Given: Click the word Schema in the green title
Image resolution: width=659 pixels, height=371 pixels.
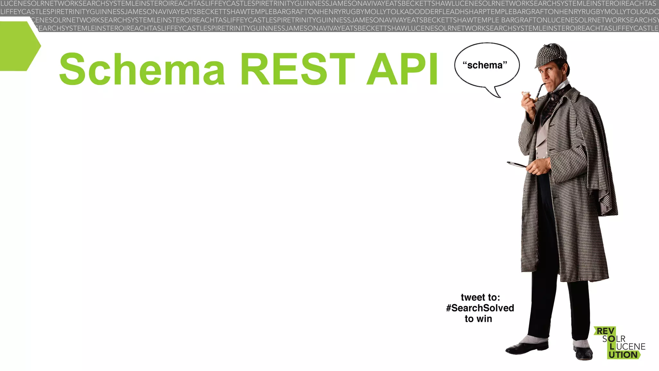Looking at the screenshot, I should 142,69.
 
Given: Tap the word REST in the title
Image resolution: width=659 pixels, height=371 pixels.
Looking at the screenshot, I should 297,69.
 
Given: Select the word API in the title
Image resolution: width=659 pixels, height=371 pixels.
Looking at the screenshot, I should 402,69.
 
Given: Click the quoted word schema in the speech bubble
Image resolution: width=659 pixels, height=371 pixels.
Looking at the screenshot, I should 485,65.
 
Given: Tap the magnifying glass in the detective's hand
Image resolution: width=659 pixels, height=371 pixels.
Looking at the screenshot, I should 516,165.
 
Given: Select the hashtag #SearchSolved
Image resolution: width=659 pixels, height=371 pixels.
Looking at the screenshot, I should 480,308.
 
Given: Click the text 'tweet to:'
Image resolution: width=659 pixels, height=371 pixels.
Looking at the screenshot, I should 480,297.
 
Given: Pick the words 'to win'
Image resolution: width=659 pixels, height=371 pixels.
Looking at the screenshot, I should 478,319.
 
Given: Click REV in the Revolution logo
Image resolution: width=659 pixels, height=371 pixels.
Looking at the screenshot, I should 605,331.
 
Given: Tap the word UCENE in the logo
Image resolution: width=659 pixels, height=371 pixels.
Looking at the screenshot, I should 631,347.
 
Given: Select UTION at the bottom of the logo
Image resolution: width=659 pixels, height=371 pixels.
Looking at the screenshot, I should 623,355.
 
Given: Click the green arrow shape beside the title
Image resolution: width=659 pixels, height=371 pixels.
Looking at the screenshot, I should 19,46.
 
